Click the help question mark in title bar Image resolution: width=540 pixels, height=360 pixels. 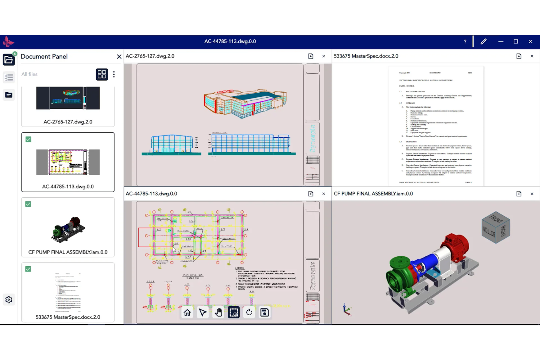(465, 42)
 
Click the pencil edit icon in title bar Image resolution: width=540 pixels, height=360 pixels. (483, 42)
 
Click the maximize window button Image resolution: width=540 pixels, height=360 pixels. (516, 42)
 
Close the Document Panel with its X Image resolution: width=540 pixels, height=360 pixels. (119, 57)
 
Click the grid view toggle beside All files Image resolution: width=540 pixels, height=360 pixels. (102, 74)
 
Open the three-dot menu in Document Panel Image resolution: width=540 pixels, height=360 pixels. (114, 74)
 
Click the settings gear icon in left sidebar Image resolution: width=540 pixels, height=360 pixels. (9, 300)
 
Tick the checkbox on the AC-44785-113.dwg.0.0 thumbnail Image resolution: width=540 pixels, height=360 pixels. (28, 139)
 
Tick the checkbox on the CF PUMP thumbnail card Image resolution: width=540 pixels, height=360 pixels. (28, 204)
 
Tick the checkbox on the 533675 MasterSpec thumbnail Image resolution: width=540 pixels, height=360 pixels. (28, 269)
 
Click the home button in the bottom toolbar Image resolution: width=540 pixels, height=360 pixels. (187, 313)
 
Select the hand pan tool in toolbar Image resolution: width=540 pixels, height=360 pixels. (218, 313)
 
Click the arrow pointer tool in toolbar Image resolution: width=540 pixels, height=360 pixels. (203, 313)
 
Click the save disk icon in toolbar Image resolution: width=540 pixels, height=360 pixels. (265, 313)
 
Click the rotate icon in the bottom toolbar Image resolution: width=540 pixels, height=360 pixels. (249, 313)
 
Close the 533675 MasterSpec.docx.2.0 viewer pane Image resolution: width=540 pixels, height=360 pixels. (532, 56)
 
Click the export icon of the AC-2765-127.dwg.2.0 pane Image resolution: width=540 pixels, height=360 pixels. (310, 56)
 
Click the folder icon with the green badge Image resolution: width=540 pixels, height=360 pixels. (9, 59)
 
